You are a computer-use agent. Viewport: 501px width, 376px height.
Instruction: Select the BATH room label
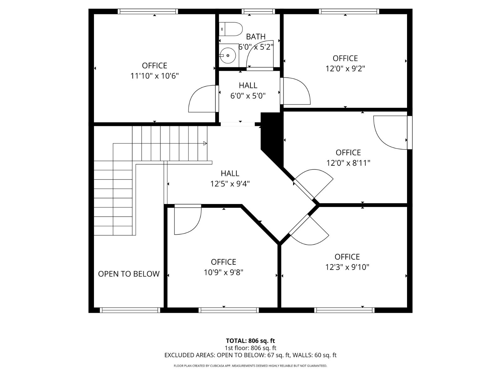(x=256, y=37)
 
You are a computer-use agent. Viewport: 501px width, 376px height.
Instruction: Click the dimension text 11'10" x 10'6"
(x=154, y=76)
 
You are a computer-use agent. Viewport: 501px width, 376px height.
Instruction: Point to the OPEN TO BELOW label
(x=129, y=274)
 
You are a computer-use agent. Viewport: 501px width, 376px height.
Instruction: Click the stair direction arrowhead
(x=205, y=143)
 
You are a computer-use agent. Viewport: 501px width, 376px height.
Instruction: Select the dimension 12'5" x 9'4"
(x=230, y=184)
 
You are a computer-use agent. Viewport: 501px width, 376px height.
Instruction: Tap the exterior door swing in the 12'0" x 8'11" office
(x=390, y=133)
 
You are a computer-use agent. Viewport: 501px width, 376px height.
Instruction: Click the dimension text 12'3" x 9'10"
(x=347, y=267)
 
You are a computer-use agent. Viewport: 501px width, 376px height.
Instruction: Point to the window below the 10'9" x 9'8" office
(x=229, y=310)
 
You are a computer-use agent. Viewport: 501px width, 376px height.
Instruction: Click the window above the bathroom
(x=258, y=12)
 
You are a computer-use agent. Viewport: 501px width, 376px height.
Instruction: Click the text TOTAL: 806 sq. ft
(x=250, y=341)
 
